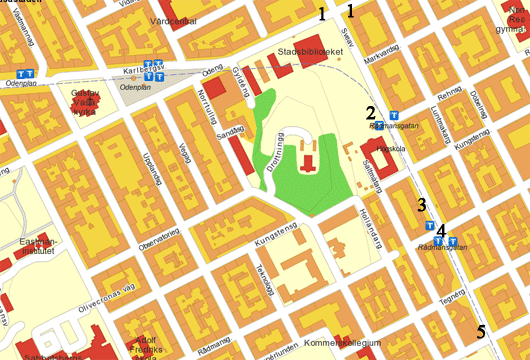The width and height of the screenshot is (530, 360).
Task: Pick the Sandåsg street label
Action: pos(231,130)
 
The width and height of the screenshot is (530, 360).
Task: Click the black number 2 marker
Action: pos(370,112)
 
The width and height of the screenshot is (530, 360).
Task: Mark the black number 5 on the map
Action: pos(481,331)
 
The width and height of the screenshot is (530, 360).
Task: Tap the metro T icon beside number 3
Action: pos(429,228)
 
